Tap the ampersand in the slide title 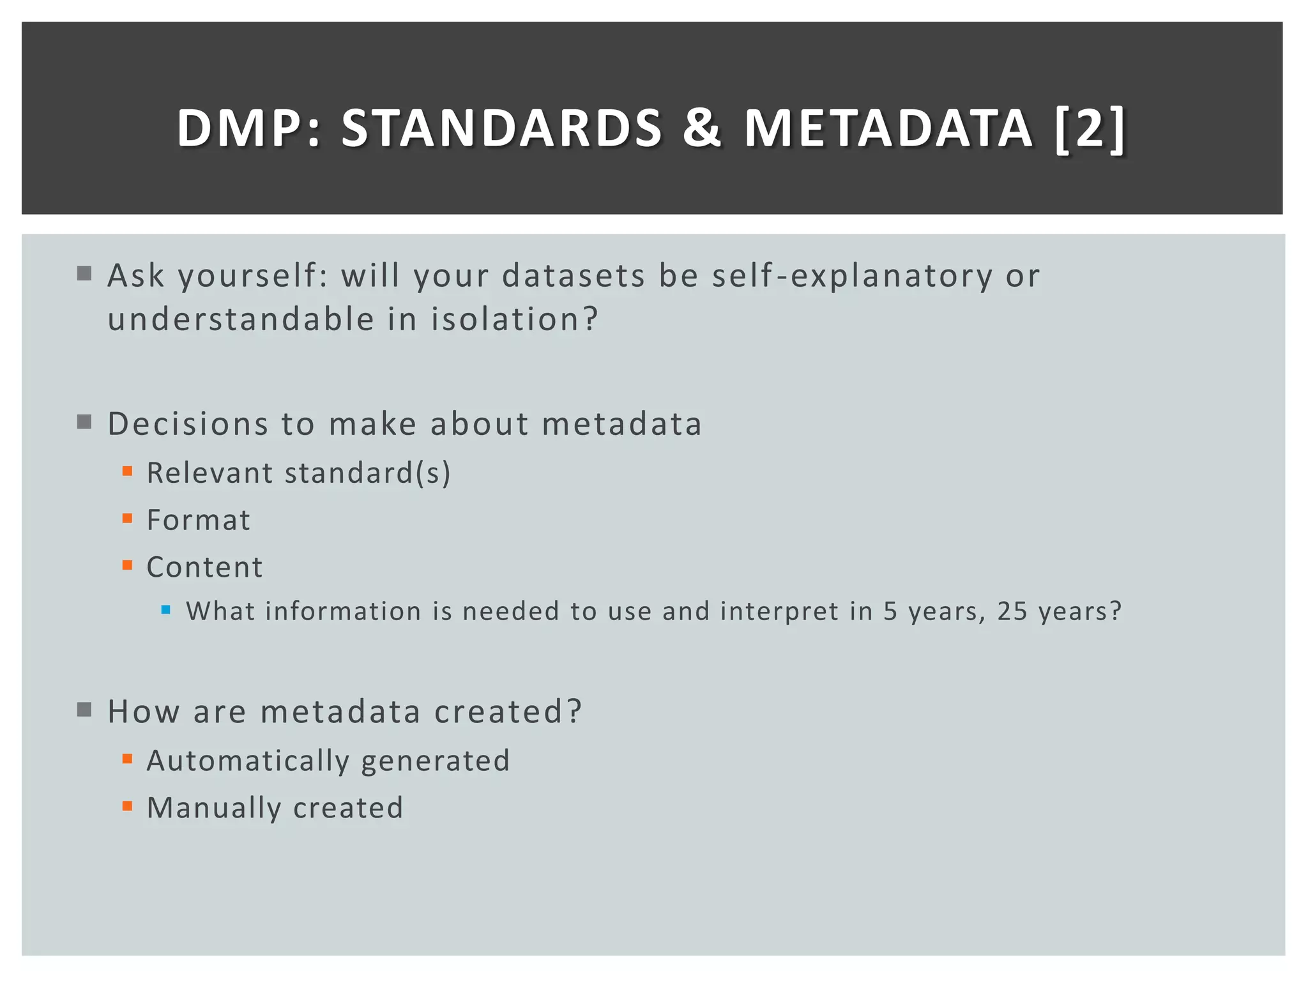702,128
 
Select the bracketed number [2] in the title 1090,128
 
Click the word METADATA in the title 888,128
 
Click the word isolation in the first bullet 505,319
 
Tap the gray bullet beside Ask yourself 84,274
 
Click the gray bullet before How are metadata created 84,710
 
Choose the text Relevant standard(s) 299,473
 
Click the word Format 199,520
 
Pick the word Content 205,567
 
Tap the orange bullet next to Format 127,519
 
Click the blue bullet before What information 166,610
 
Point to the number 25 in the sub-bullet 1012,611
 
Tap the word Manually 214,808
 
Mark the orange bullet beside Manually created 127,806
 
